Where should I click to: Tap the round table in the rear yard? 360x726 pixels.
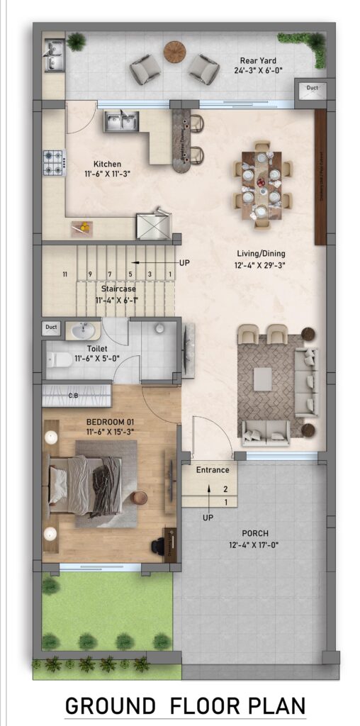click(174, 51)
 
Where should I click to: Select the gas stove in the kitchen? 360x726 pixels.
click(54, 162)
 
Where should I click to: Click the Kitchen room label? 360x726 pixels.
click(107, 164)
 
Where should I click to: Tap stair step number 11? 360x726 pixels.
click(64, 274)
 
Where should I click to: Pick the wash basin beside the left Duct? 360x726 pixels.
click(82, 330)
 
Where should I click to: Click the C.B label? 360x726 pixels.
click(73, 395)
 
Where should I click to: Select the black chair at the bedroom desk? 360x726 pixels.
click(158, 547)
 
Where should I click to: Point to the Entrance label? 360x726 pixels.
click(213, 469)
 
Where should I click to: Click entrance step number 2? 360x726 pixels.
click(225, 489)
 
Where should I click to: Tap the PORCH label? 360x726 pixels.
click(254, 533)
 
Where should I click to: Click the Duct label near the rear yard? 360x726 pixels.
click(313, 88)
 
